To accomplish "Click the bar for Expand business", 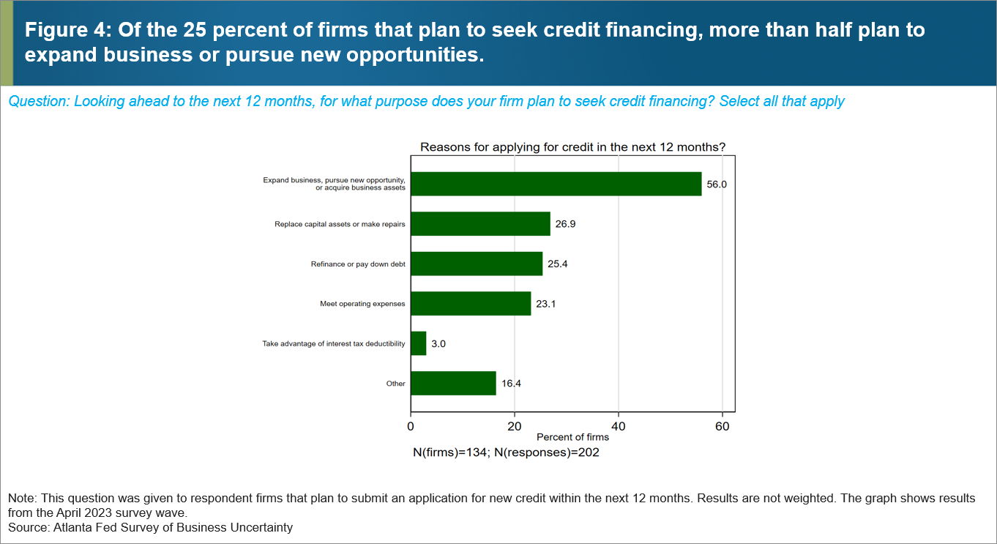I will (556, 184).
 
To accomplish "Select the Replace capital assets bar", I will (480, 224).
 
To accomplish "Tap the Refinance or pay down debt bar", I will (477, 264).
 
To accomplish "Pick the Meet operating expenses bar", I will (471, 303).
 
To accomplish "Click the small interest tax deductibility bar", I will (419, 343).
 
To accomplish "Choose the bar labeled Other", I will (453, 383).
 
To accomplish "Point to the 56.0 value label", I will (717, 185).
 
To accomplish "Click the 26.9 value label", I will (565, 224).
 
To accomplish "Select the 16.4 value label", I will (511, 383).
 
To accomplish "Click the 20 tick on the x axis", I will (515, 425).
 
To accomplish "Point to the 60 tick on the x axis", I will (722, 425).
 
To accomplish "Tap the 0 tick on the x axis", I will (411, 425).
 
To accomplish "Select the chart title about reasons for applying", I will (572, 147).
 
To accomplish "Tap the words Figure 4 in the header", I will (58, 30).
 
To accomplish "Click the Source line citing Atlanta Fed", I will (150, 527).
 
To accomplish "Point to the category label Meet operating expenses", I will (362, 304).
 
